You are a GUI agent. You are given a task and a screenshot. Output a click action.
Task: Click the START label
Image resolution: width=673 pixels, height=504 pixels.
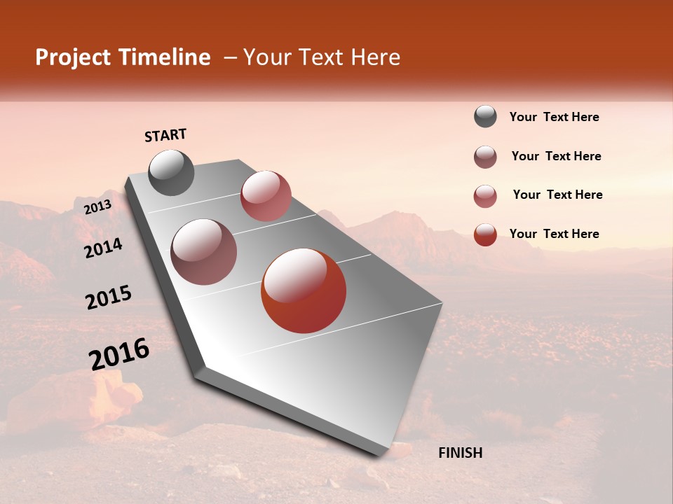[x=165, y=135]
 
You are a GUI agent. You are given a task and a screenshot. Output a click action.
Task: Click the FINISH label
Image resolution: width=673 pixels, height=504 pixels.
[x=460, y=453]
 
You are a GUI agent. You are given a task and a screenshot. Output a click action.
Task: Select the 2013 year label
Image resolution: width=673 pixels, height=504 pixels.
[x=97, y=206]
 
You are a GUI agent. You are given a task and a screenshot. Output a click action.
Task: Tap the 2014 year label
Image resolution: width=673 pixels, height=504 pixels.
[x=103, y=248]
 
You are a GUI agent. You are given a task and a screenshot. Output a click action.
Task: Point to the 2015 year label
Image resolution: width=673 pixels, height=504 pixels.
[x=109, y=297]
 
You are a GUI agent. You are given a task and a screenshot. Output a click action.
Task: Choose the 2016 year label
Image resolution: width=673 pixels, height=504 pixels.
[x=119, y=354]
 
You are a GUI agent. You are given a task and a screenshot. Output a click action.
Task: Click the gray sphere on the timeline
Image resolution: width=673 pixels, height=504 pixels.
[x=171, y=172]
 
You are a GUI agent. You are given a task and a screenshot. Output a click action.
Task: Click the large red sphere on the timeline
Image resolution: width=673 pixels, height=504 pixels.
[x=304, y=290]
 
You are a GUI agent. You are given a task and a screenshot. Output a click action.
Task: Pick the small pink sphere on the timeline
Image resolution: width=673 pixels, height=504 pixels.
[x=266, y=196]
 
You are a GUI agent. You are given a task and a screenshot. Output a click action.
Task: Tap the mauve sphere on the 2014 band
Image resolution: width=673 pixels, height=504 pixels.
[x=203, y=252]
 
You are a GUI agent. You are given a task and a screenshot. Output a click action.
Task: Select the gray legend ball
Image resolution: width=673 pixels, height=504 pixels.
[x=485, y=117]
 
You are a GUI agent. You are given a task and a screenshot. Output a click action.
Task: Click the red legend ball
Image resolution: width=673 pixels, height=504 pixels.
[x=485, y=234]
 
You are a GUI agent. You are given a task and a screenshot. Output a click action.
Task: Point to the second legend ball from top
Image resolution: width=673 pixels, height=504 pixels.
[x=485, y=157]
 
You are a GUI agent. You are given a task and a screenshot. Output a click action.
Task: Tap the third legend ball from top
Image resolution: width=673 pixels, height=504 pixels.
[x=485, y=196]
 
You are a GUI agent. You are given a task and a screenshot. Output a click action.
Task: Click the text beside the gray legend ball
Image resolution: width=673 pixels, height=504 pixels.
[x=554, y=118]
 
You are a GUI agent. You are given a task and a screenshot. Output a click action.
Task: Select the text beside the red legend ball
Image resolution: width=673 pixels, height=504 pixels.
[x=554, y=234]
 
